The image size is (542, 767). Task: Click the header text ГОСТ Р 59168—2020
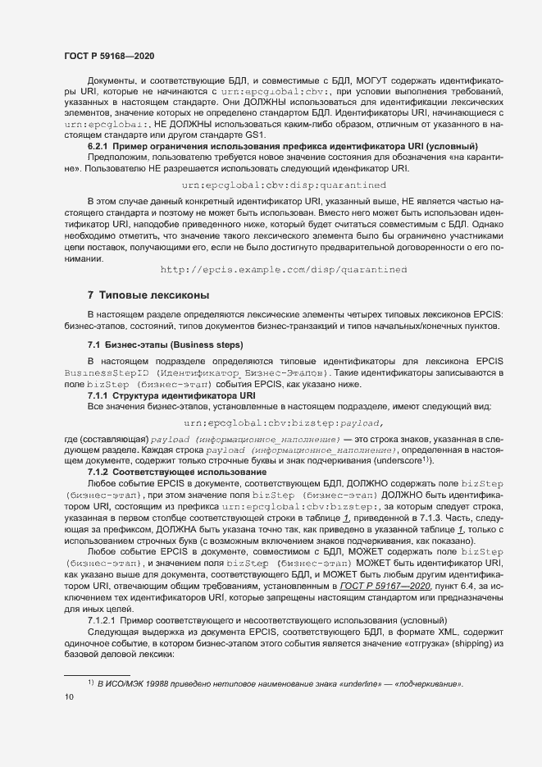point(108,56)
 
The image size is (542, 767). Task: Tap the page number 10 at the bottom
point(69,697)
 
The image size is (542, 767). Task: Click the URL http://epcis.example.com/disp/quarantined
point(283,269)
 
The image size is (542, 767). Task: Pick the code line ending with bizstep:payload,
point(284,423)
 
